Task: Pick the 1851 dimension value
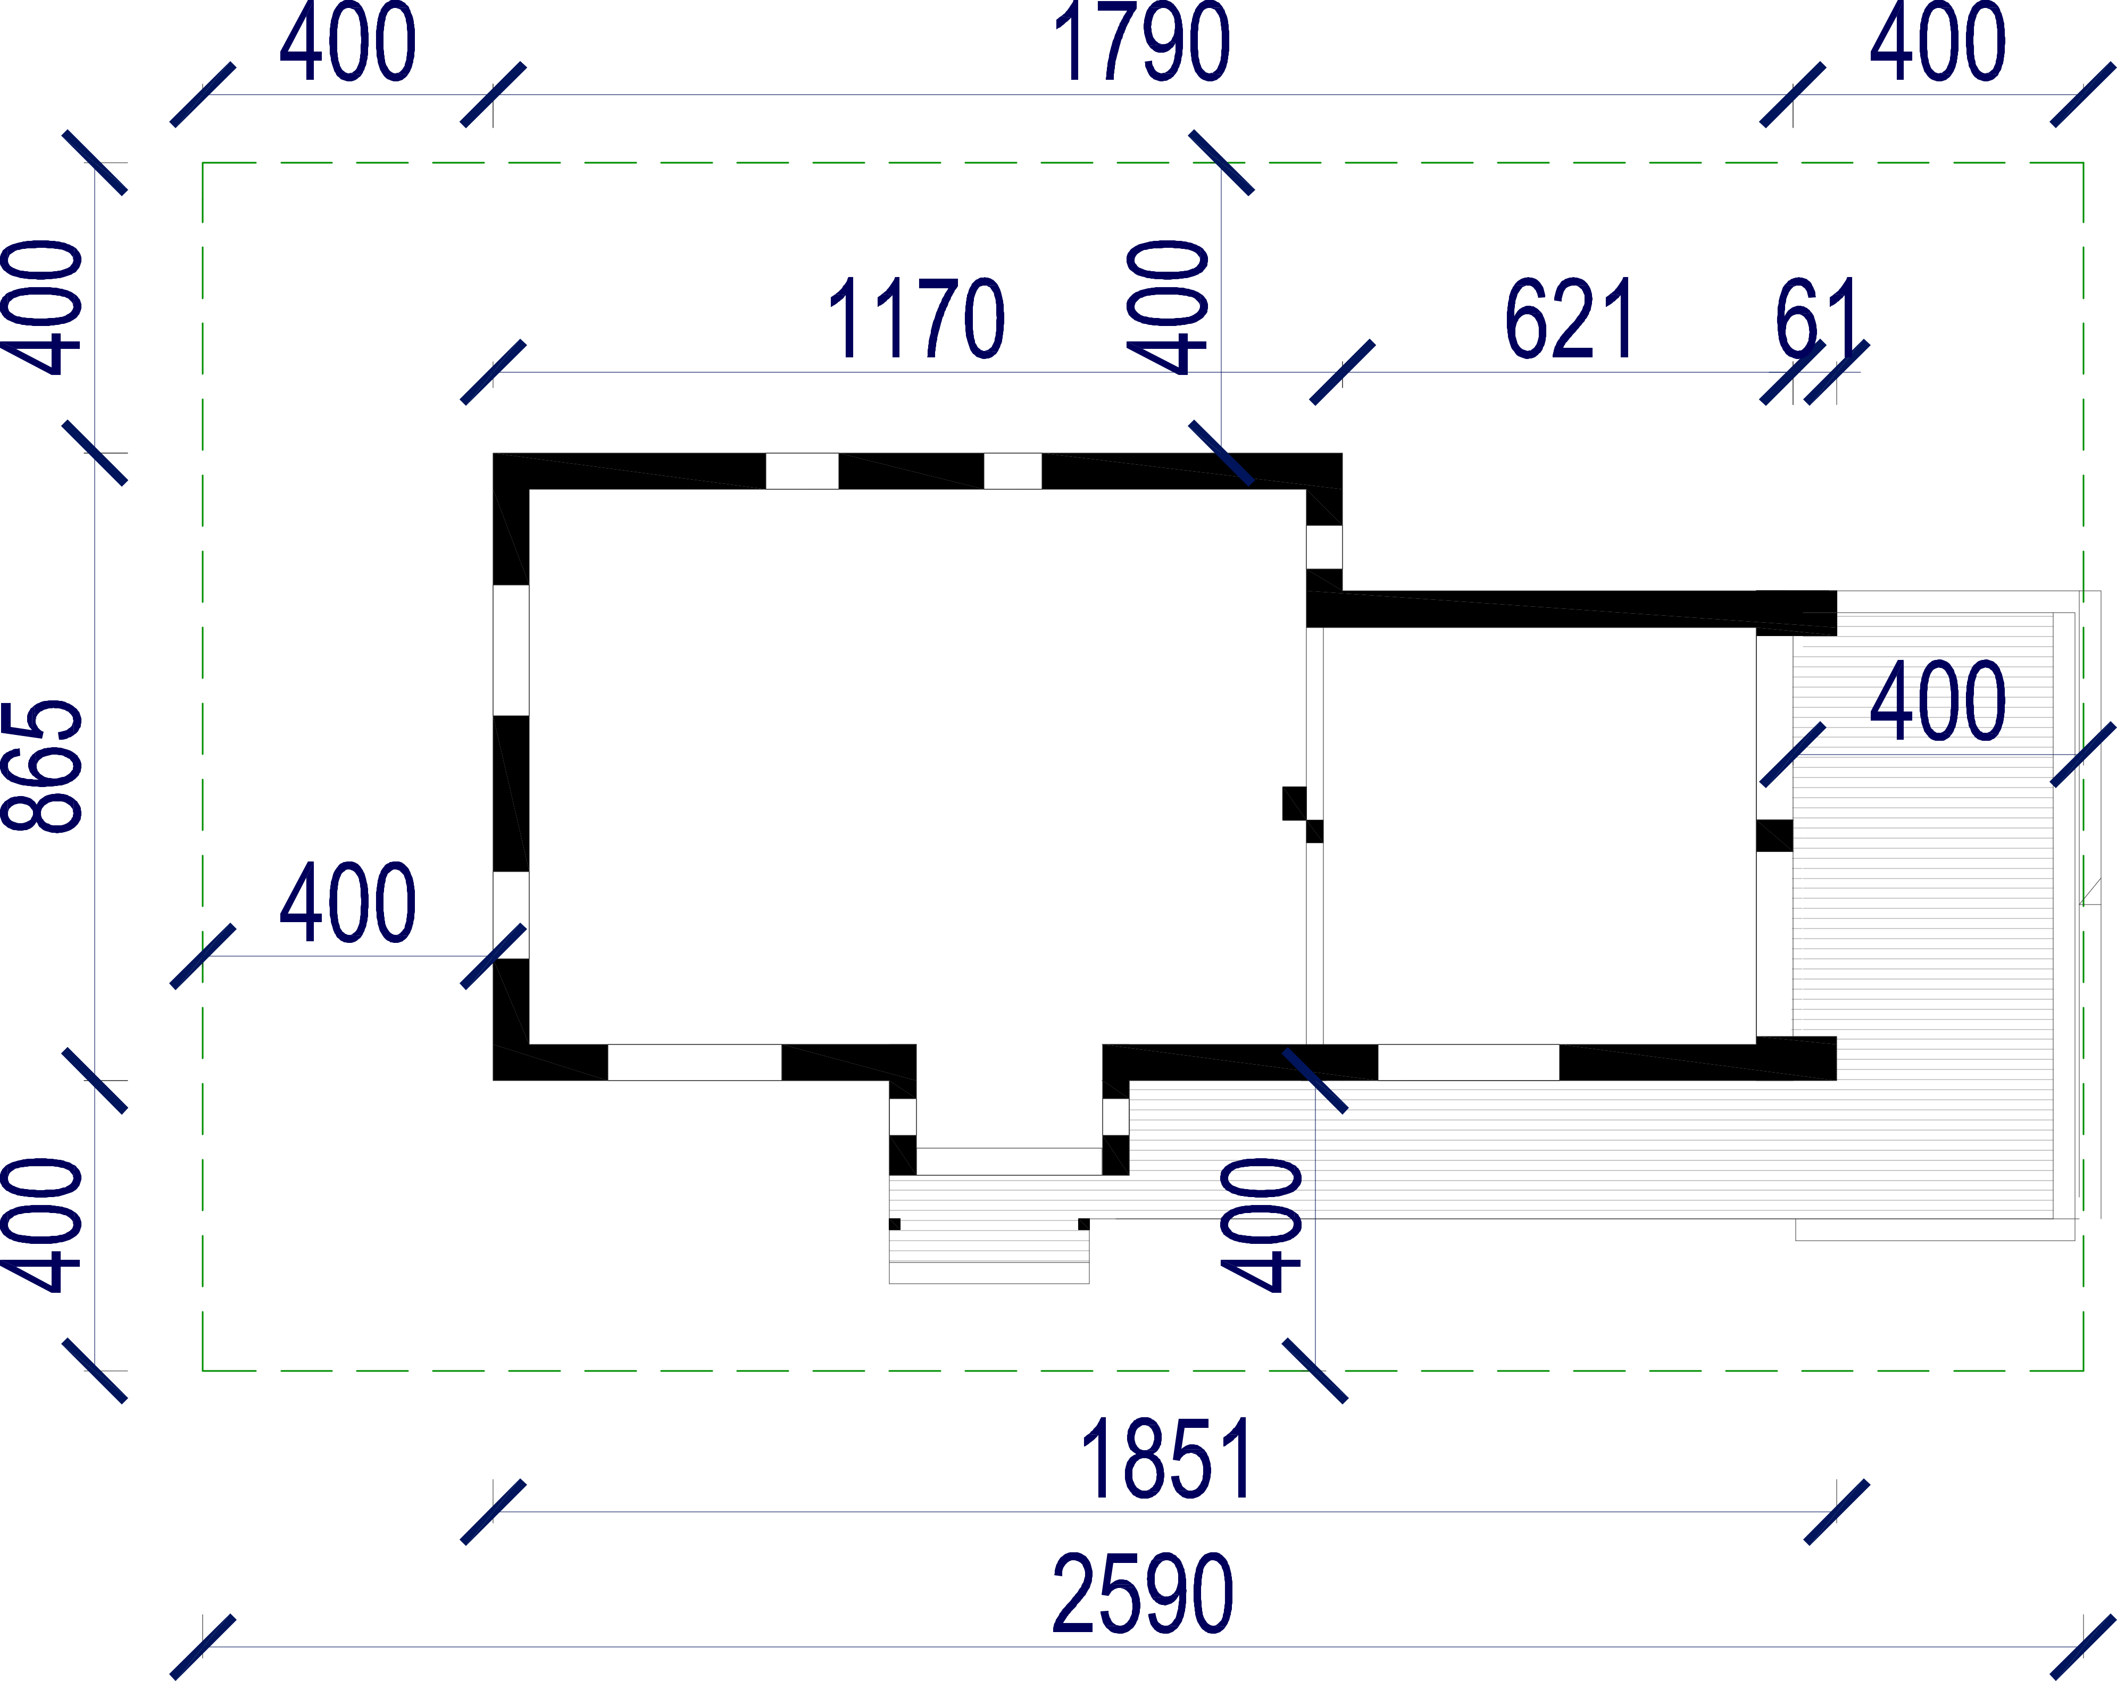pos(1166,1460)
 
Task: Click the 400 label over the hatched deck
pos(1937,702)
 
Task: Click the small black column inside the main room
pos(1294,803)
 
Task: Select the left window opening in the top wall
pos(802,471)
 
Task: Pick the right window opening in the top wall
pos(1012,471)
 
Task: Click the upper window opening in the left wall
pos(511,650)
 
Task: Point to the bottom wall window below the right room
pos(1468,1063)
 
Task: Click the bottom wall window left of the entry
pos(694,1063)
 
